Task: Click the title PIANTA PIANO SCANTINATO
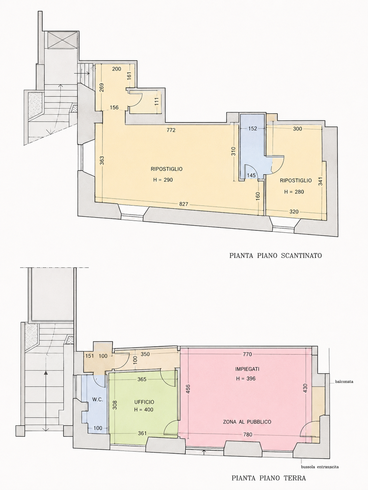tap(275, 255)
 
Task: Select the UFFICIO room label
tap(144, 402)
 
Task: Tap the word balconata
tap(344, 382)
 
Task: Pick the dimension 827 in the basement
tap(184, 204)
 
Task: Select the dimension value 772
tap(171, 130)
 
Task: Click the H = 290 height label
tap(163, 180)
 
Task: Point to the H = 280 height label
tap(294, 192)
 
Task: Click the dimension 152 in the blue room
tap(252, 129)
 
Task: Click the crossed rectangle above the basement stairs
tap(62, 40)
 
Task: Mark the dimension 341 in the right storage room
tap(321, 181)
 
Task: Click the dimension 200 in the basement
tap(117, 69)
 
